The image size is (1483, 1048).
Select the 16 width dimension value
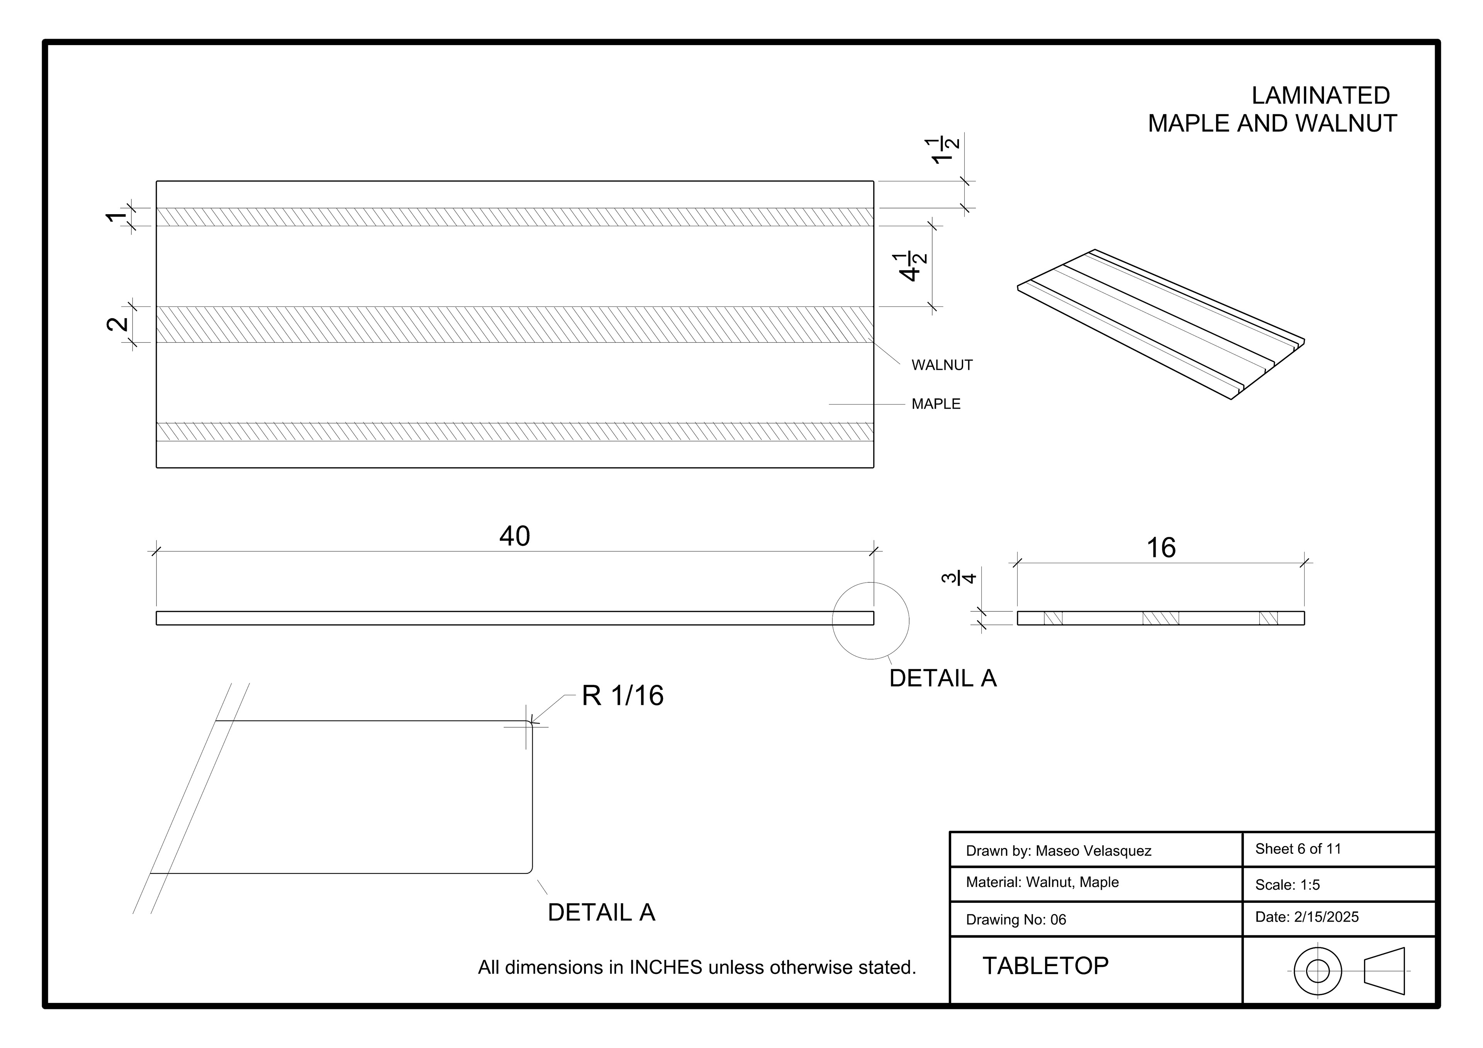[x=1161, y=548]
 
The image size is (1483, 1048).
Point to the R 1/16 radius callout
[x=622, y=696]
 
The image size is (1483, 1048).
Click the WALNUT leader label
[x=941, y=366]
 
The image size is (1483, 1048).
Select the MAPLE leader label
[x=935, y=404]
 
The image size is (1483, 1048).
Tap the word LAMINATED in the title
[x=1320, y=96]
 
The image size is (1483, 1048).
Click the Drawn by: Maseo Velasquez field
[x=1058, y=851]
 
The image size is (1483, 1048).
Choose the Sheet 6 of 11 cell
[x=1298, y=849]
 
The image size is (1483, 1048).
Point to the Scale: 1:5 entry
[x=1287, y=885]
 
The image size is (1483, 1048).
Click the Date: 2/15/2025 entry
[x=1307, y=918]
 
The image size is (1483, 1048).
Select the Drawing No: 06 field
[x=1015, y=920]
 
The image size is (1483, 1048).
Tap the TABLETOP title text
[x=1045, y=966]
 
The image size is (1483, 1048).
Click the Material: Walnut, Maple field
[x=1042, y=883]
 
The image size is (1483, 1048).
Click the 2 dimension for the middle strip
[x=117, y=324]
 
